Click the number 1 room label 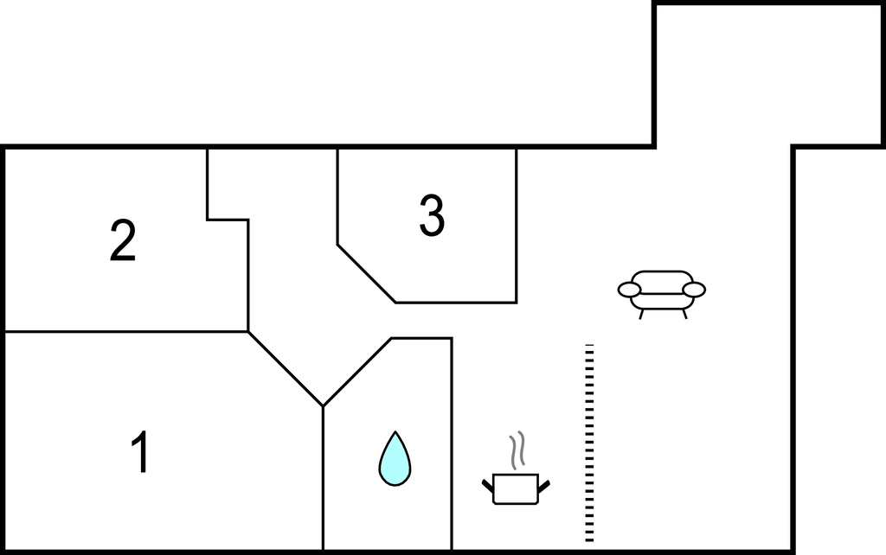click(x=140, y=451)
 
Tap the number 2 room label click(x=123, y=240)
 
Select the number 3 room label click(x=432, y=215)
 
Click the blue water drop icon click(x=395, y=459)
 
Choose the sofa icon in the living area click(x=662, y=295)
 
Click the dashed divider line click(x=589, y=443)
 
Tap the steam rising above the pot click(x=517, y=450)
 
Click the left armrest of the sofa click(x=629, y=290)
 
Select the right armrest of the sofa click(x=694, y=290)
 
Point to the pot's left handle click(x=488, y=486)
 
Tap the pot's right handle click(x=543, y=486)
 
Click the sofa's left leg click(x=641, y=315)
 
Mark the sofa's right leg click(x=684, y=315)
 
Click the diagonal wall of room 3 click(x=366, y=273)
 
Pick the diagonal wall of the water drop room click(x=357, y=372)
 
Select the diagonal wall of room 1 click(x=286, y=368)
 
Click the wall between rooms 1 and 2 click(x=126, y=331)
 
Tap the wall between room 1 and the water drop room click(x=323, y=478)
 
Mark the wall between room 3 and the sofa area click(x=517, y=226)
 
